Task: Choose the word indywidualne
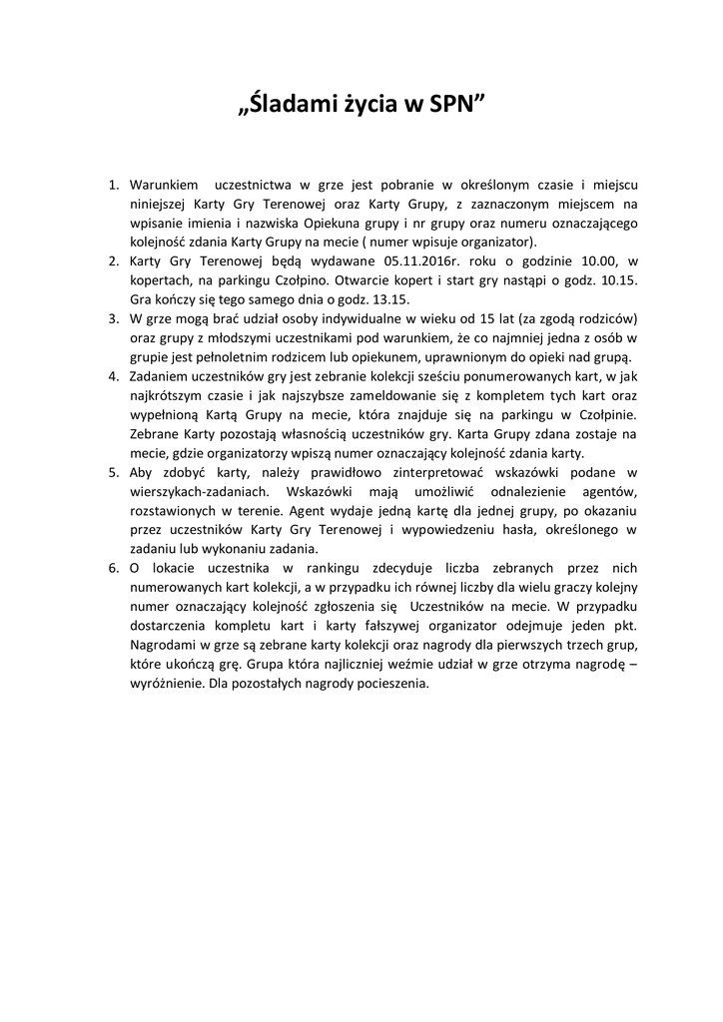click(358, 318)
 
